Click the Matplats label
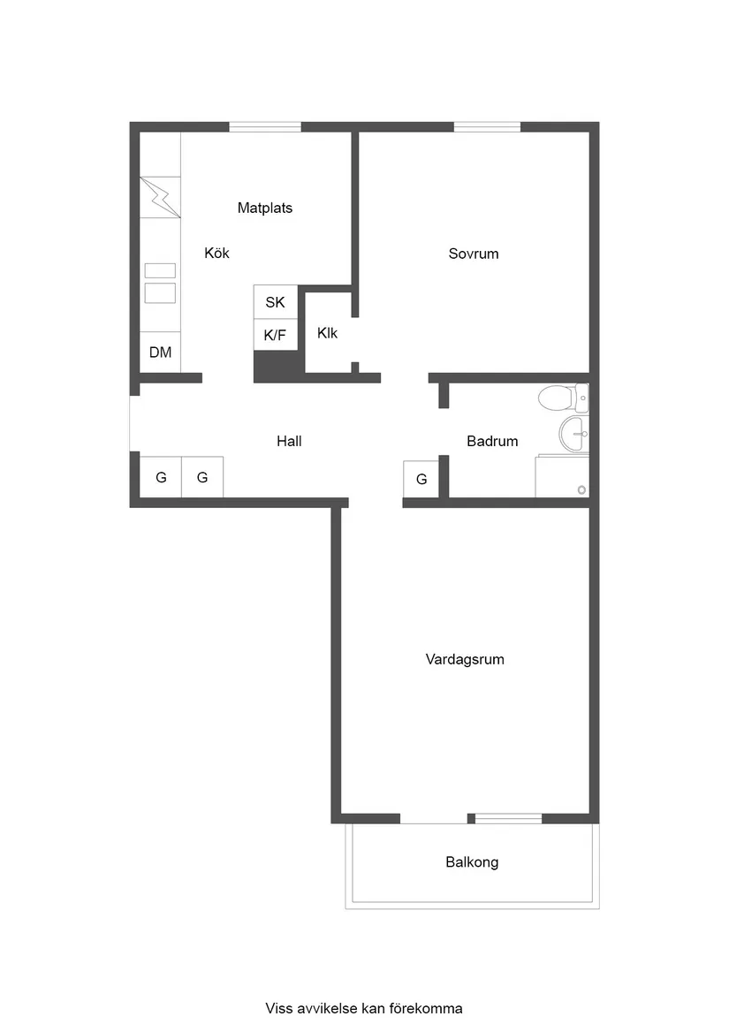[x=264, y=208]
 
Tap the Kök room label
[x=216, y=253]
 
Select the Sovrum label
[x=473, y=254]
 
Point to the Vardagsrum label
[x=465, y=659]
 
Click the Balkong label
[x=472, y=862]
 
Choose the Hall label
[x=289, y=441]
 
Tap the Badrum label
[x=492, y=441]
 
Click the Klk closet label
[x=327, y=333]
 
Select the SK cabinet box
[x=275, y=302]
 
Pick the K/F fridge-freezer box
[x=275, y=336]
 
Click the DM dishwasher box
[x=160, y=353]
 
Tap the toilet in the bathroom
[x=563, y=398]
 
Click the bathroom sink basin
[x=573, y=434]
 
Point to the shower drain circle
[x=581, y=489]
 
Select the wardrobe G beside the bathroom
[x=421, y=479]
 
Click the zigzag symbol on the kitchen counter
[x=160, y=197]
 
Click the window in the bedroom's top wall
[x=487, y=127]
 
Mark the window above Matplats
[x=264, y=127]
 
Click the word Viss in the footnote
[x=278, y=1008]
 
